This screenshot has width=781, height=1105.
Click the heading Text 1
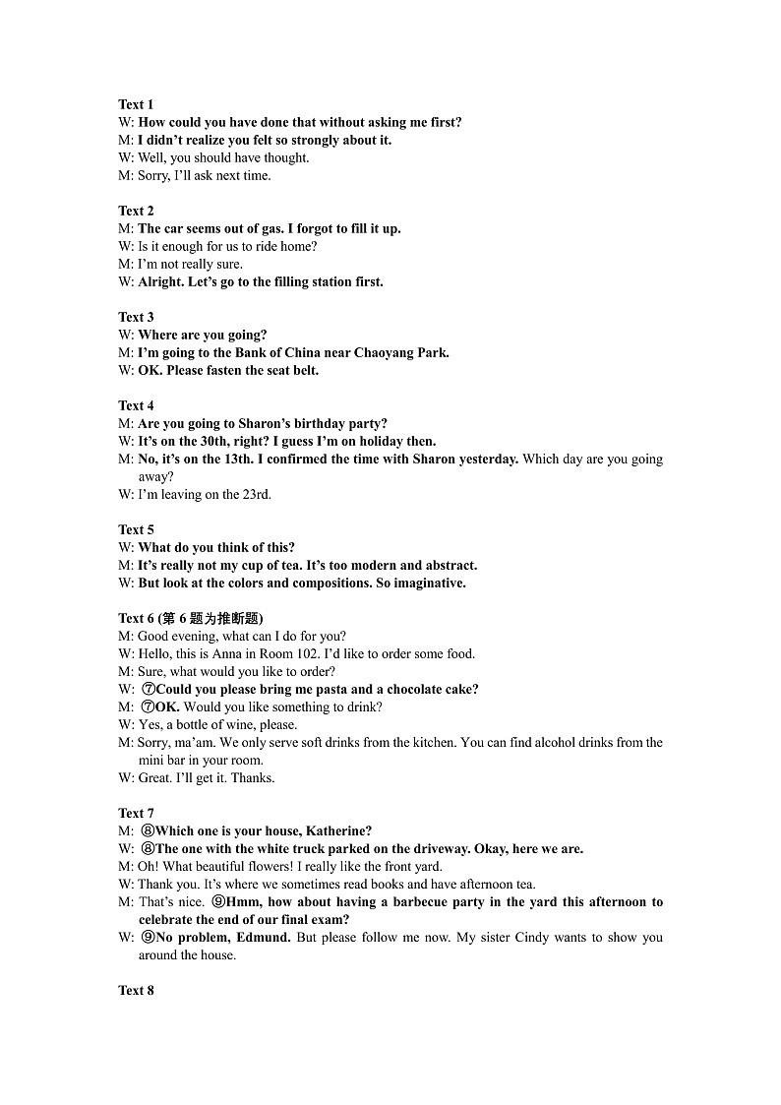[136, 104]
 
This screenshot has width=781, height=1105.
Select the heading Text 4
[136, 405]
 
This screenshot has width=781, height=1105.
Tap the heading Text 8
[136, 990]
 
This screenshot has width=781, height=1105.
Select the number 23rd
[255, 494]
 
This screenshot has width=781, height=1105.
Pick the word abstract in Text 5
[452, 565]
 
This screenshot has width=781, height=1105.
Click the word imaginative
[425, 583]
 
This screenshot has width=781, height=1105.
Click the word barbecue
[404, 901]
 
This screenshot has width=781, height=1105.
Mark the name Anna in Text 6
[227, 653]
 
